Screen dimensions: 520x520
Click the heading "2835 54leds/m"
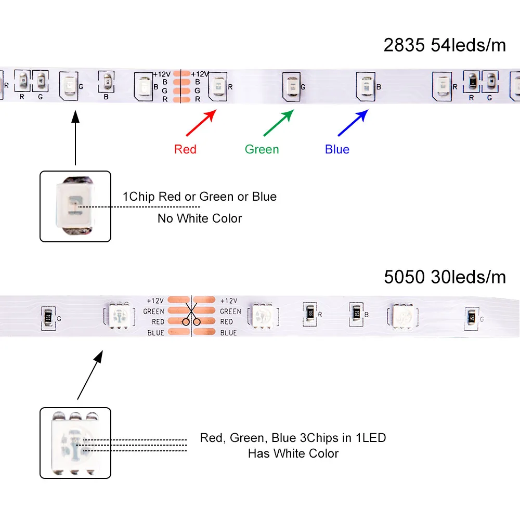[x=445, y=46]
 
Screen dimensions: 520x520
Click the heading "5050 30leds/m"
[x=445, y=277]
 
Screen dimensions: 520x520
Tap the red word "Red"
[x=185, y=150]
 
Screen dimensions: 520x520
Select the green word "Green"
[x=262, y=150]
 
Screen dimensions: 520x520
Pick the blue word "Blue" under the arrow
[x=337, y=150]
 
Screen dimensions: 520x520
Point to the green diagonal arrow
[x=279, y=123]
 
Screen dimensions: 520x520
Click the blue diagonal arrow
[x=353, y=123]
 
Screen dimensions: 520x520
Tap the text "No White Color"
[x=200, y=218]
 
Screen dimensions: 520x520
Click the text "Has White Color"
[x=293, y=453]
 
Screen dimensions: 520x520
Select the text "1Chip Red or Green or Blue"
[x=200, y=197]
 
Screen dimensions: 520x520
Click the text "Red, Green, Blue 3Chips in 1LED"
[x=293, y=438]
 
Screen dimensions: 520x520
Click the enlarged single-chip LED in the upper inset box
[x=75, y=206]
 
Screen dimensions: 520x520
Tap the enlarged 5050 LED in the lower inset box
[x=75, y=443]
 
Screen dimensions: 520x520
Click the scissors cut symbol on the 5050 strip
[x=191, y=317]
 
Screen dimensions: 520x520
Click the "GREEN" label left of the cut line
[x=153, y=311]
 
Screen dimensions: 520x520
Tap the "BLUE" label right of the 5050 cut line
[x=228, y=333]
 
